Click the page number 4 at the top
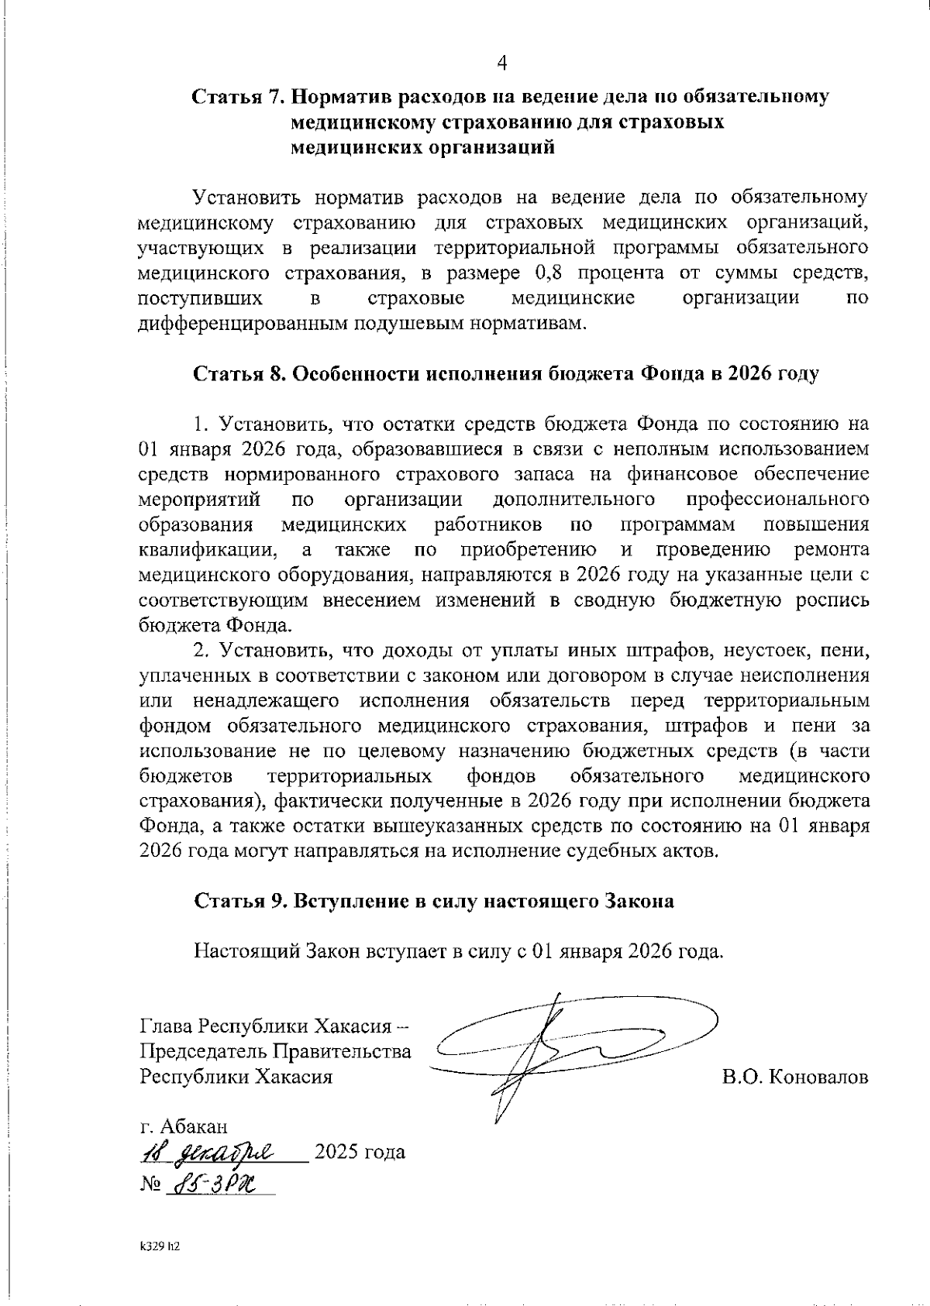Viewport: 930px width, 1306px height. (501, 62)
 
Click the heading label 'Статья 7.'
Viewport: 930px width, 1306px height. (239, 98)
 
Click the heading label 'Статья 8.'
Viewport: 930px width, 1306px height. (239, 373)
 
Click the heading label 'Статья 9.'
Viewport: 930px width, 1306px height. (239, 902)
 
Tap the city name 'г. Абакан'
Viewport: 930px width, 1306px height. (184, 1126)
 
